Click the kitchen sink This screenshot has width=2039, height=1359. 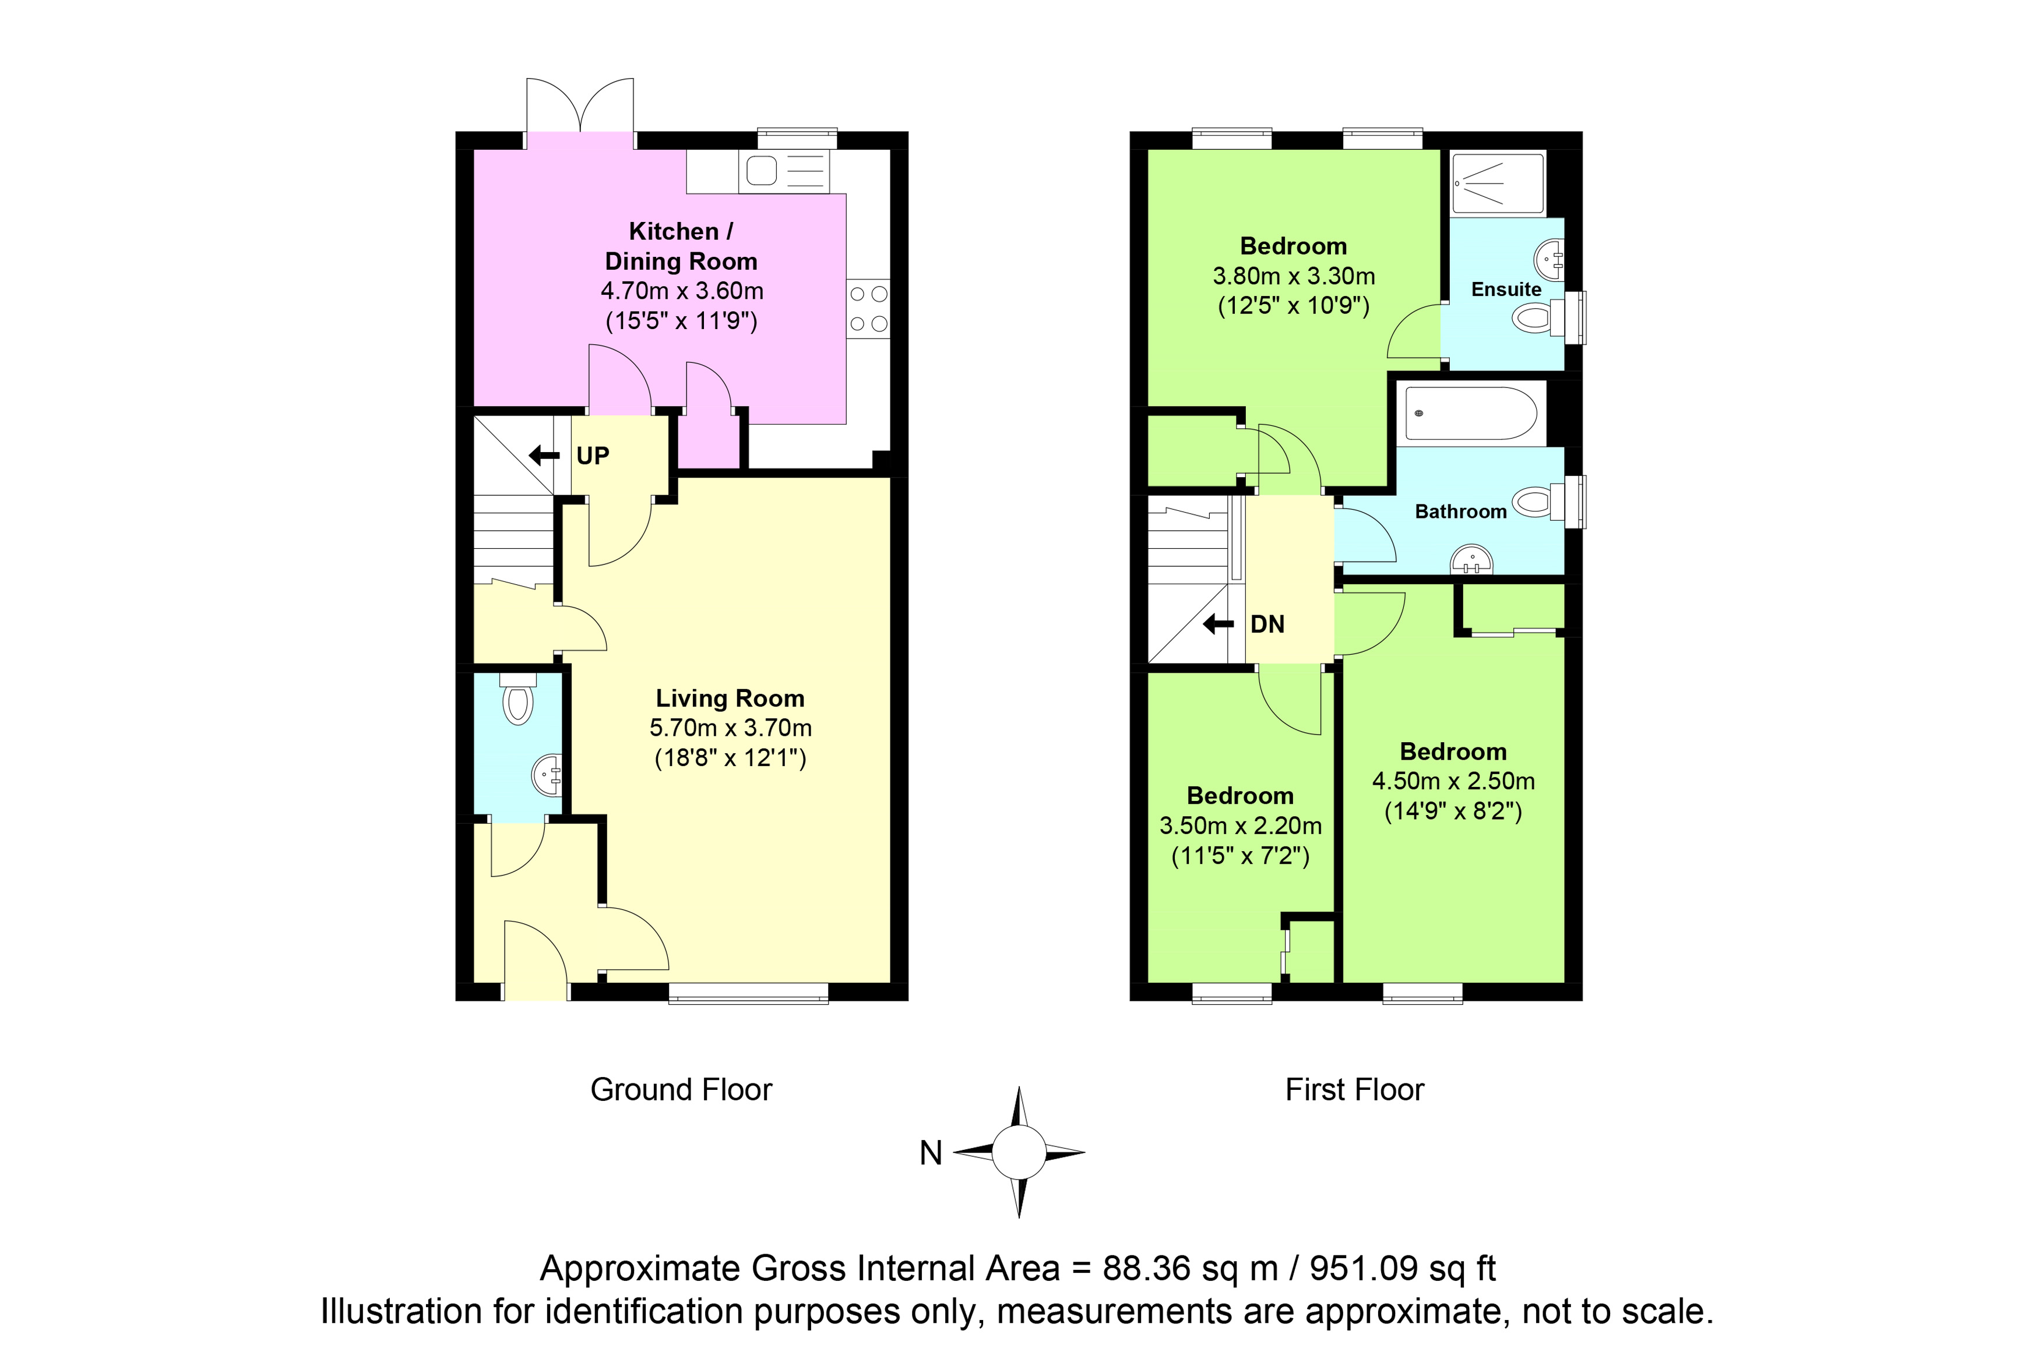coord(784,171)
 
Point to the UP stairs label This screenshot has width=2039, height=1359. coord(593,456)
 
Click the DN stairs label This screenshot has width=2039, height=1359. coord(1267,624)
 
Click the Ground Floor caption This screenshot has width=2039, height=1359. coord(681,1089)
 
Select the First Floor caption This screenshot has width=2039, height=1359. coord(1355,1089)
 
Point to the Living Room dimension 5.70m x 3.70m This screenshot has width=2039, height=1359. coord(731,728)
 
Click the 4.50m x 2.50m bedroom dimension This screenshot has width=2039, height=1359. coord(1454,781)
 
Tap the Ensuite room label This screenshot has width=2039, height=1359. coord(1507,290)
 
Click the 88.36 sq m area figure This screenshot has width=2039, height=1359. coord(1191,1269)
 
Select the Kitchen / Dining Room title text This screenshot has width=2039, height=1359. coord(681,246)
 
